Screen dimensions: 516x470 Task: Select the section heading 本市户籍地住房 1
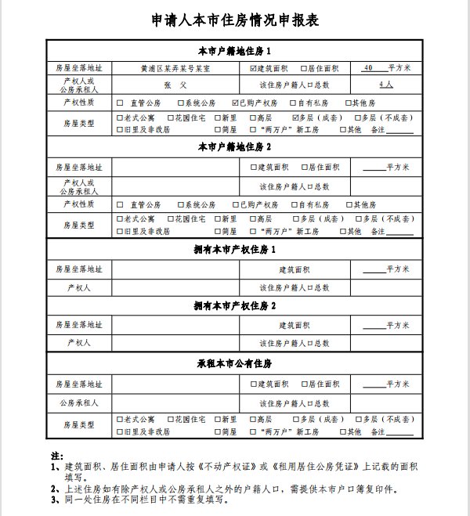tap(234, 52)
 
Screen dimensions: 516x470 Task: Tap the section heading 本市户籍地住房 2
tap(234, 147)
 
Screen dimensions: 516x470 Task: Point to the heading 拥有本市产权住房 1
tap(234, 249)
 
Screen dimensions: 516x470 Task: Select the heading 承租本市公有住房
tap(234, 364)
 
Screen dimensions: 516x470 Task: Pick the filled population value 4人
tap(385, 85)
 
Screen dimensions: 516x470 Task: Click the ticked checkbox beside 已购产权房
tap(237, 103)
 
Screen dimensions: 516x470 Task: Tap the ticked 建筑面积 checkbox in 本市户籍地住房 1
tap(253, 68)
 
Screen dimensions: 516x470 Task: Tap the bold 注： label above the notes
tap(56, 455)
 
